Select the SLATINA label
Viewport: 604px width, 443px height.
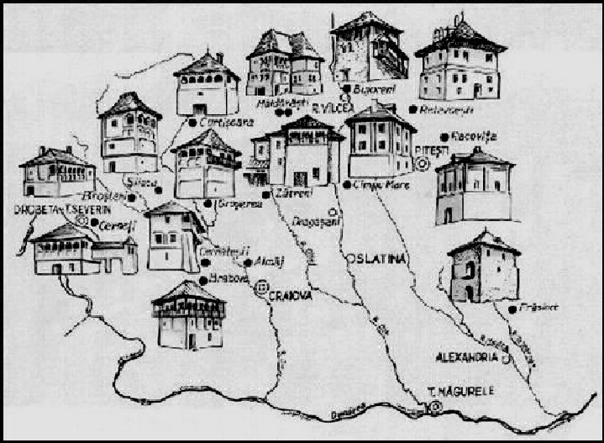click(378, 259)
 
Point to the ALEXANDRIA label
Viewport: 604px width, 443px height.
click(467, 356)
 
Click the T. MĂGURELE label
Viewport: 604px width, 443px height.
click(454, 392)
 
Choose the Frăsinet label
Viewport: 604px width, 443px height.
click(533, 308)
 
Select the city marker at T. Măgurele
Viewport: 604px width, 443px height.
click(435, 407)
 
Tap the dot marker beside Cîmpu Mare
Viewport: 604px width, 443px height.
click(347, 184)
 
